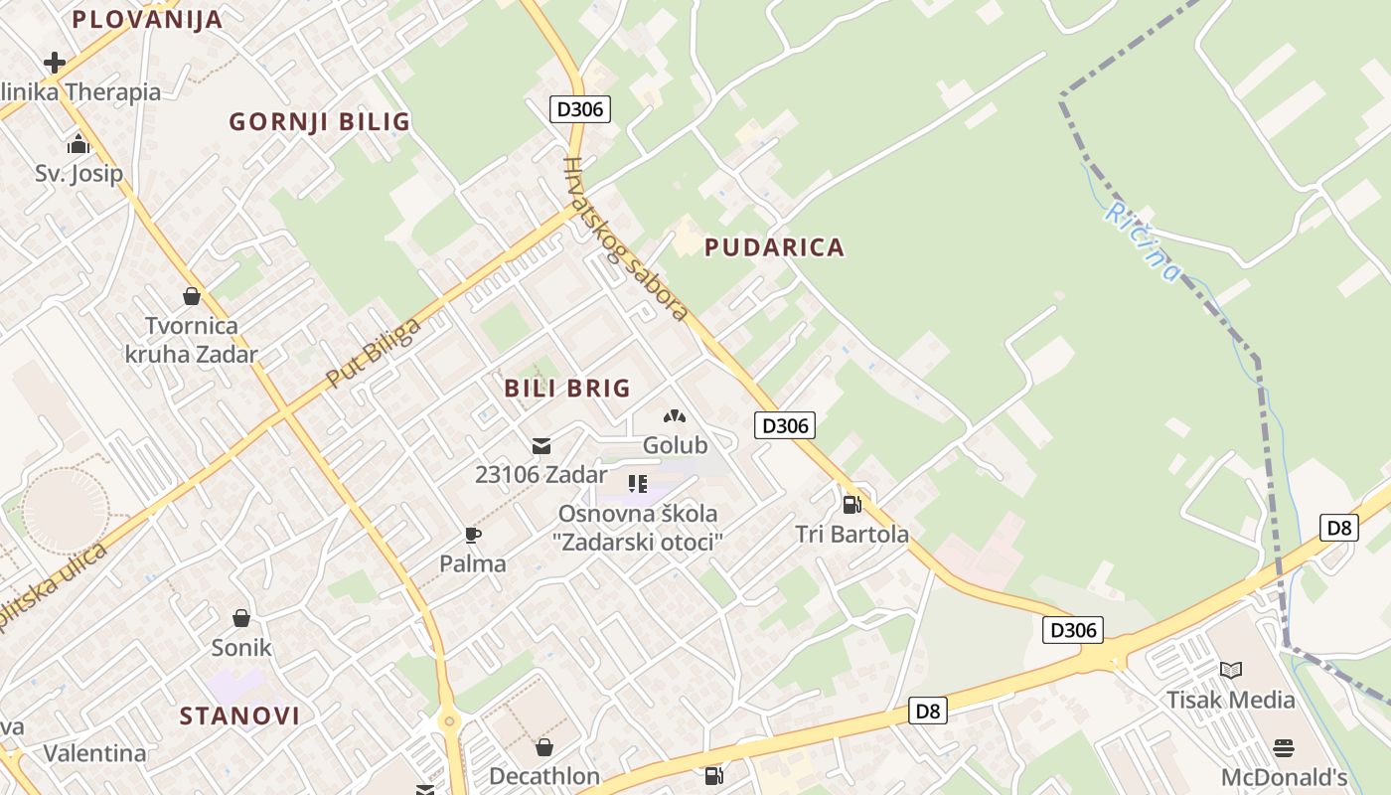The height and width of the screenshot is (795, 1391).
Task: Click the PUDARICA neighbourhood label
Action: (774, 247)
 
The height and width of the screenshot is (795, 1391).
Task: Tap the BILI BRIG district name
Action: (567, 389)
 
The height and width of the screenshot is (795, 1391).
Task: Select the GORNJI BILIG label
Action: (319, 122)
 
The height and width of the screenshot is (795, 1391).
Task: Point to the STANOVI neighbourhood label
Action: (239, 715)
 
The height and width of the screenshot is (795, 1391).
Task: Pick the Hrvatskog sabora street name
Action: (625, 239)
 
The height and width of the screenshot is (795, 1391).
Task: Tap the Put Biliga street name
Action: (373, 353)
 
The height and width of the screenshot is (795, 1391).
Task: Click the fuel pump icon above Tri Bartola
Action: (851, 505)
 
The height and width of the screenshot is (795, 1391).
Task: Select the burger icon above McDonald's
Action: (1284, 747)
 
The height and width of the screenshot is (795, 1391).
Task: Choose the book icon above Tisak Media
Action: (1231, 670)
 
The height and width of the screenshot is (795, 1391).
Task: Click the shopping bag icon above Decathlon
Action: (543, 746)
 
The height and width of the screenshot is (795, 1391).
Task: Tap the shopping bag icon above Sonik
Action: (240, 618)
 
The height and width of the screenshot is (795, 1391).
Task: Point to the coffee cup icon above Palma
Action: (473, 536)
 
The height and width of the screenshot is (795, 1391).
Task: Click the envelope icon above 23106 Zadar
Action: (541, 446)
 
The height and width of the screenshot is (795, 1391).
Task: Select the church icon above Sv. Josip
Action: (78, 145)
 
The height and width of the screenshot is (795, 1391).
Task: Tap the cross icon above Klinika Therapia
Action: (55, 64)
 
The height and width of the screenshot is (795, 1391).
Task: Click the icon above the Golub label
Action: (675, 416)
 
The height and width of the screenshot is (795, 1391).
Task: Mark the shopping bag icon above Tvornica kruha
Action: (191, 296)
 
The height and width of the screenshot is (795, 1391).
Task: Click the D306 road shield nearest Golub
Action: (785, 426)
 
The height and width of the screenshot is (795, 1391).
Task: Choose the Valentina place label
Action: (94, 753)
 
